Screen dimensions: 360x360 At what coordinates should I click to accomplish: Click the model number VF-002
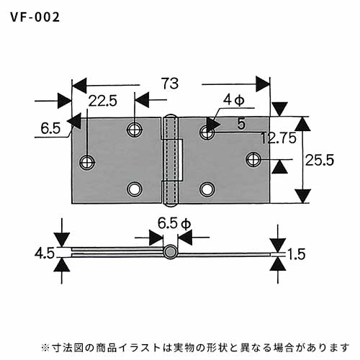pyautogui.click(x=35, y=17)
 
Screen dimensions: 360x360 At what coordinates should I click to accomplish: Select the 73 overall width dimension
pyautogui.click(x=170, y=84)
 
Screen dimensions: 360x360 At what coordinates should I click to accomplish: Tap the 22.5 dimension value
pyautogui.click(x=103, y=101)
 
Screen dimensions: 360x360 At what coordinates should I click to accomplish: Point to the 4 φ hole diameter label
pyautogui.click(x=233, y=100)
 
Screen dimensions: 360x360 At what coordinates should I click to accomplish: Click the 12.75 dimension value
pyautogui.click(x=279, y=138)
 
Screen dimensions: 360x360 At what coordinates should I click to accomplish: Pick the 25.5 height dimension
pyautogui.click(x=320, y=160)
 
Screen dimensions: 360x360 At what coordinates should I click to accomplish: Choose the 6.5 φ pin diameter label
pyautogui.click(x=174, y=224)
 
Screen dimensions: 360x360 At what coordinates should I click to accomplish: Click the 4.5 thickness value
pyautogui.click(x=45, y=253)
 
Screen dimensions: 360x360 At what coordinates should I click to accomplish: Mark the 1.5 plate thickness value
pyautogui.click(x=297, y=254)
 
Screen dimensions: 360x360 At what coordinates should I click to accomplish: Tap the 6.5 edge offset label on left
pyautogui.click(x=50, y=128)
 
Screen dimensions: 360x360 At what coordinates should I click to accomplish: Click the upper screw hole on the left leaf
pyautogui.click(x=135, y=130)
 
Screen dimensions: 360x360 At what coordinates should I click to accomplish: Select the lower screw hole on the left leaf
pyautogui.click(x=135, y=189)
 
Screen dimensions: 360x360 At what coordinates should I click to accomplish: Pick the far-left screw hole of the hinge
pyautogui.click(x=87, y=162)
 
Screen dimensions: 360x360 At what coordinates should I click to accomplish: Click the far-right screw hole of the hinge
pyautogui.click(x=253, y=159)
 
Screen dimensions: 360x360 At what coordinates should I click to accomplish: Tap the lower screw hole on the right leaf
pyautogui.click(x=207, y=189)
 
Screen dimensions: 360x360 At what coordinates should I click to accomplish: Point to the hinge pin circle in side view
pyautogui.click(x=171, y=252)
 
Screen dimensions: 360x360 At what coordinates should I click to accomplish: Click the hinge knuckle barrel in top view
pyautogui.click(x=171, y=160)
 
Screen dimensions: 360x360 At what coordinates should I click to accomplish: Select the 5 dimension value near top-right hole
pyautogui.click(x=241, y=124)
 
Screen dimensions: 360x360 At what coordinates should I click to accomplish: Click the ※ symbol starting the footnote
pyautogui.click(x=45, y=347)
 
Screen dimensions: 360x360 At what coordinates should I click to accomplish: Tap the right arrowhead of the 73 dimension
pyautogui.click(x=263, y=84)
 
